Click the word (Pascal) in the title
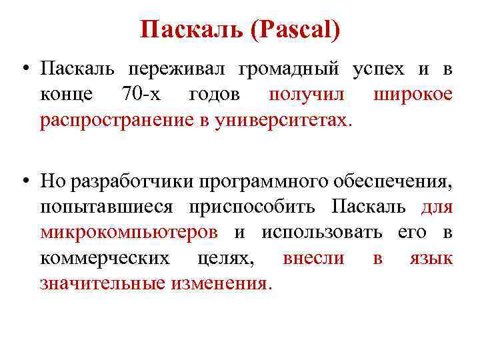pos(296,29)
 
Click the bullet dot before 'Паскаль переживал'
pos(24,69)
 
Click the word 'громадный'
pos(285,69)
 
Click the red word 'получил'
pos(307,94)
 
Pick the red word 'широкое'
pos(413,94)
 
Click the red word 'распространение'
pos(120,120)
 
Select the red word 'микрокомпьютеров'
pos(129,232)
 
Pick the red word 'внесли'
pos(313,257)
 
